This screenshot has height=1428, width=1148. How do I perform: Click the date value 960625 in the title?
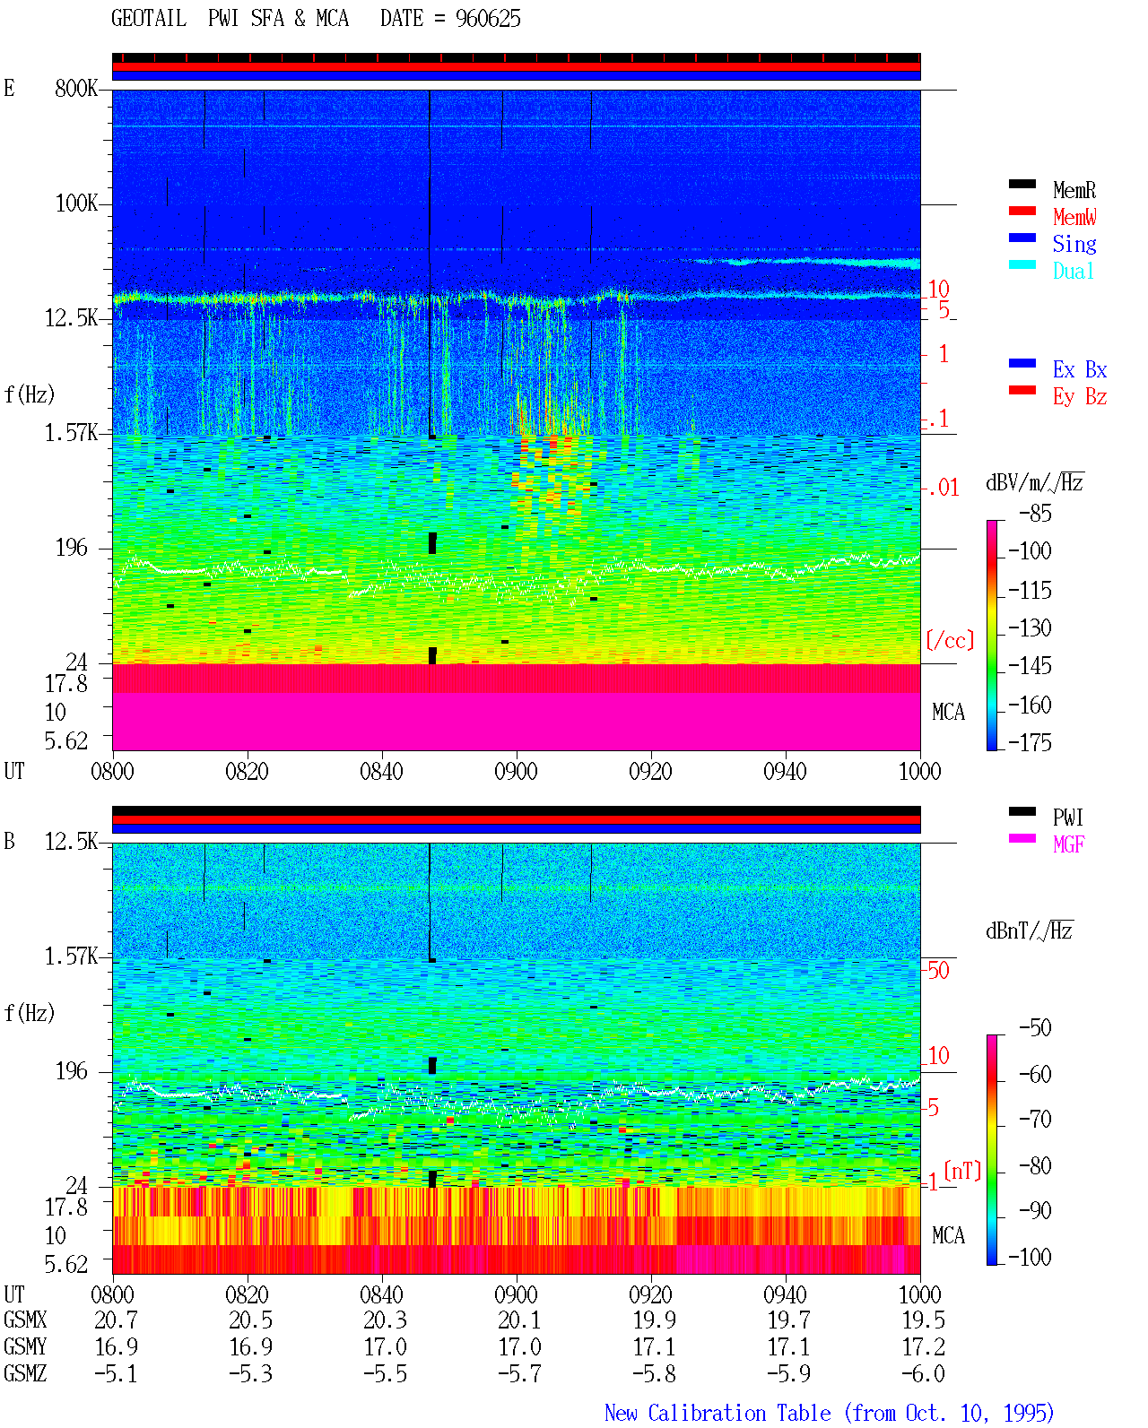[488, 19]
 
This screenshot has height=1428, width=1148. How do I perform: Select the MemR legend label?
[1074, 190]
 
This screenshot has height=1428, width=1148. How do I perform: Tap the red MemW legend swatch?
[1022, 211]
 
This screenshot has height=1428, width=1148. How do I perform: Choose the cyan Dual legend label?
[1074, 271]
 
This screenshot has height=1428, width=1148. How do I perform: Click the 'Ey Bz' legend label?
[1080, 396]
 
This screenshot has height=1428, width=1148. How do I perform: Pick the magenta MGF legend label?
[1068, 844]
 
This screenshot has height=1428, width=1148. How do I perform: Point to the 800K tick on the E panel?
[76, 88]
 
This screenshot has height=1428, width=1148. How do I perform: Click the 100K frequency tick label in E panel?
[76, 203]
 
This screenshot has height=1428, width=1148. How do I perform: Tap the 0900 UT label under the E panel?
[516, 771]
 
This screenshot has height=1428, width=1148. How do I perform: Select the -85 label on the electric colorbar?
[1035, 513]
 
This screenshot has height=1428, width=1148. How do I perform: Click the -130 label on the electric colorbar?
[1030, 627]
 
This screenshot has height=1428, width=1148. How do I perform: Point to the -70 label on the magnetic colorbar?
[1035, 1119]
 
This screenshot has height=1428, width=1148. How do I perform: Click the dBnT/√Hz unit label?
[1029, 930]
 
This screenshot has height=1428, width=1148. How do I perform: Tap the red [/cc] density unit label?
[950, 640]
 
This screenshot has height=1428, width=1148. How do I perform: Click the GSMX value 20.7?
[117, 1320]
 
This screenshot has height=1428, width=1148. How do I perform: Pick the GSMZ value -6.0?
[923, 1373]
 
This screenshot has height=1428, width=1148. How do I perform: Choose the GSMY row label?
[25, 1346]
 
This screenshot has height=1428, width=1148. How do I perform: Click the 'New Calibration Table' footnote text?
[717, 1413]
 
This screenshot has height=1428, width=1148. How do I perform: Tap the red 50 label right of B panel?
[938, 970]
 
